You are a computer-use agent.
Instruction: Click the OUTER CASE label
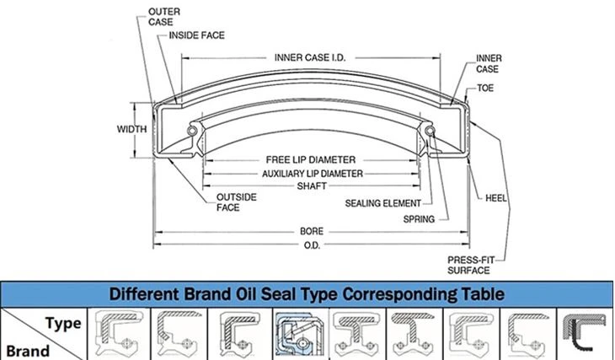coord(164,17)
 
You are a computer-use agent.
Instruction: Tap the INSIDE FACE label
coord(196,35)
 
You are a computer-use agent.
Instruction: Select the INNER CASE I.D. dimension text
coord(310,57)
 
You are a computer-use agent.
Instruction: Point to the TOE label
coord(485,88)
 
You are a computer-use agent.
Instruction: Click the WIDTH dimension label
coord(131,129)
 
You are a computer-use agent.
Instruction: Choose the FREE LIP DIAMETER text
coord(311,160)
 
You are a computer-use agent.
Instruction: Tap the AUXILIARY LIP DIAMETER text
coord(313,174)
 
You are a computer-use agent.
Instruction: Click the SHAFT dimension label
coord(312,186)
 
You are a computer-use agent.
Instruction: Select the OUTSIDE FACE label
coord(236,202)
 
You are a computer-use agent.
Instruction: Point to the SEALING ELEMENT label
coord(382,203)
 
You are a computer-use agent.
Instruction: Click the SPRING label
coord(419,219)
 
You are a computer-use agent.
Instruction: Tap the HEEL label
coord(495,198)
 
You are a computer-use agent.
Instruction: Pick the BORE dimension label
coord(312,231)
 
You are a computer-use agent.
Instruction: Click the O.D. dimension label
coord(312,245)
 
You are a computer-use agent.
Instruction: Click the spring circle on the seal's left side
coord(192,131)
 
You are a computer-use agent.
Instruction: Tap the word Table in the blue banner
coord(480,294)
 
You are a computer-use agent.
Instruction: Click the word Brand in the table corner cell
coord(28,351)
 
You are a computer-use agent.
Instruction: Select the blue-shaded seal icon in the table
coord(300,335)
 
